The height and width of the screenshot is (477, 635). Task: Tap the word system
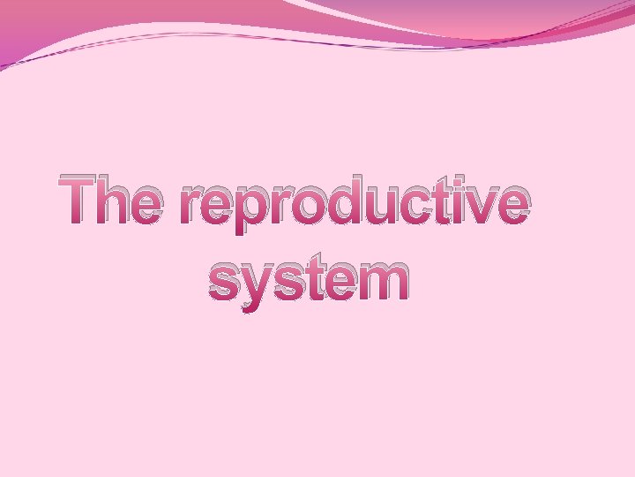[309, 280]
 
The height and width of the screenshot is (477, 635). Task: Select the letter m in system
[380, 280]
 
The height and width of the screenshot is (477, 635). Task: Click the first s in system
[226, 280]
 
